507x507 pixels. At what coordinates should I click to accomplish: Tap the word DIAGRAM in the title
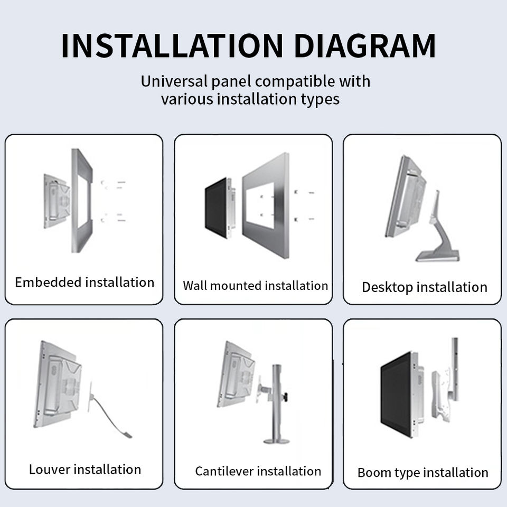(365, 46)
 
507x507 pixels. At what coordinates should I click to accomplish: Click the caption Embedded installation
(84, 282)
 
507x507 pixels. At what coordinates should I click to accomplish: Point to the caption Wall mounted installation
(256, 286)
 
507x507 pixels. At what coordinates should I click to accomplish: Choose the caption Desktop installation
(424, 287)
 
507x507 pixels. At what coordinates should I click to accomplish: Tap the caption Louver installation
(85, 469)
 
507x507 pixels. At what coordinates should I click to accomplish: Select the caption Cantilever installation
(258, 471)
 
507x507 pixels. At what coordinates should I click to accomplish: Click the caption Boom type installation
(422, 473)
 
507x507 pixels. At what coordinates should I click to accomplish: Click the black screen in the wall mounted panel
(215, 208)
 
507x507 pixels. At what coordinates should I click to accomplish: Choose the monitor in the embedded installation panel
(57, 201)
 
